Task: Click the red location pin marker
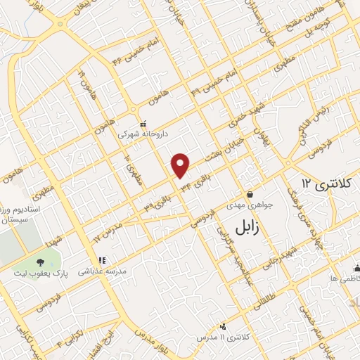pos(181,165)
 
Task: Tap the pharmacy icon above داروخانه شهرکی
pos(143,122)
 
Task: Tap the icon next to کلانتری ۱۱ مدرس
pos(224,326)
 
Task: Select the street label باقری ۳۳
pos(157,205)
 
